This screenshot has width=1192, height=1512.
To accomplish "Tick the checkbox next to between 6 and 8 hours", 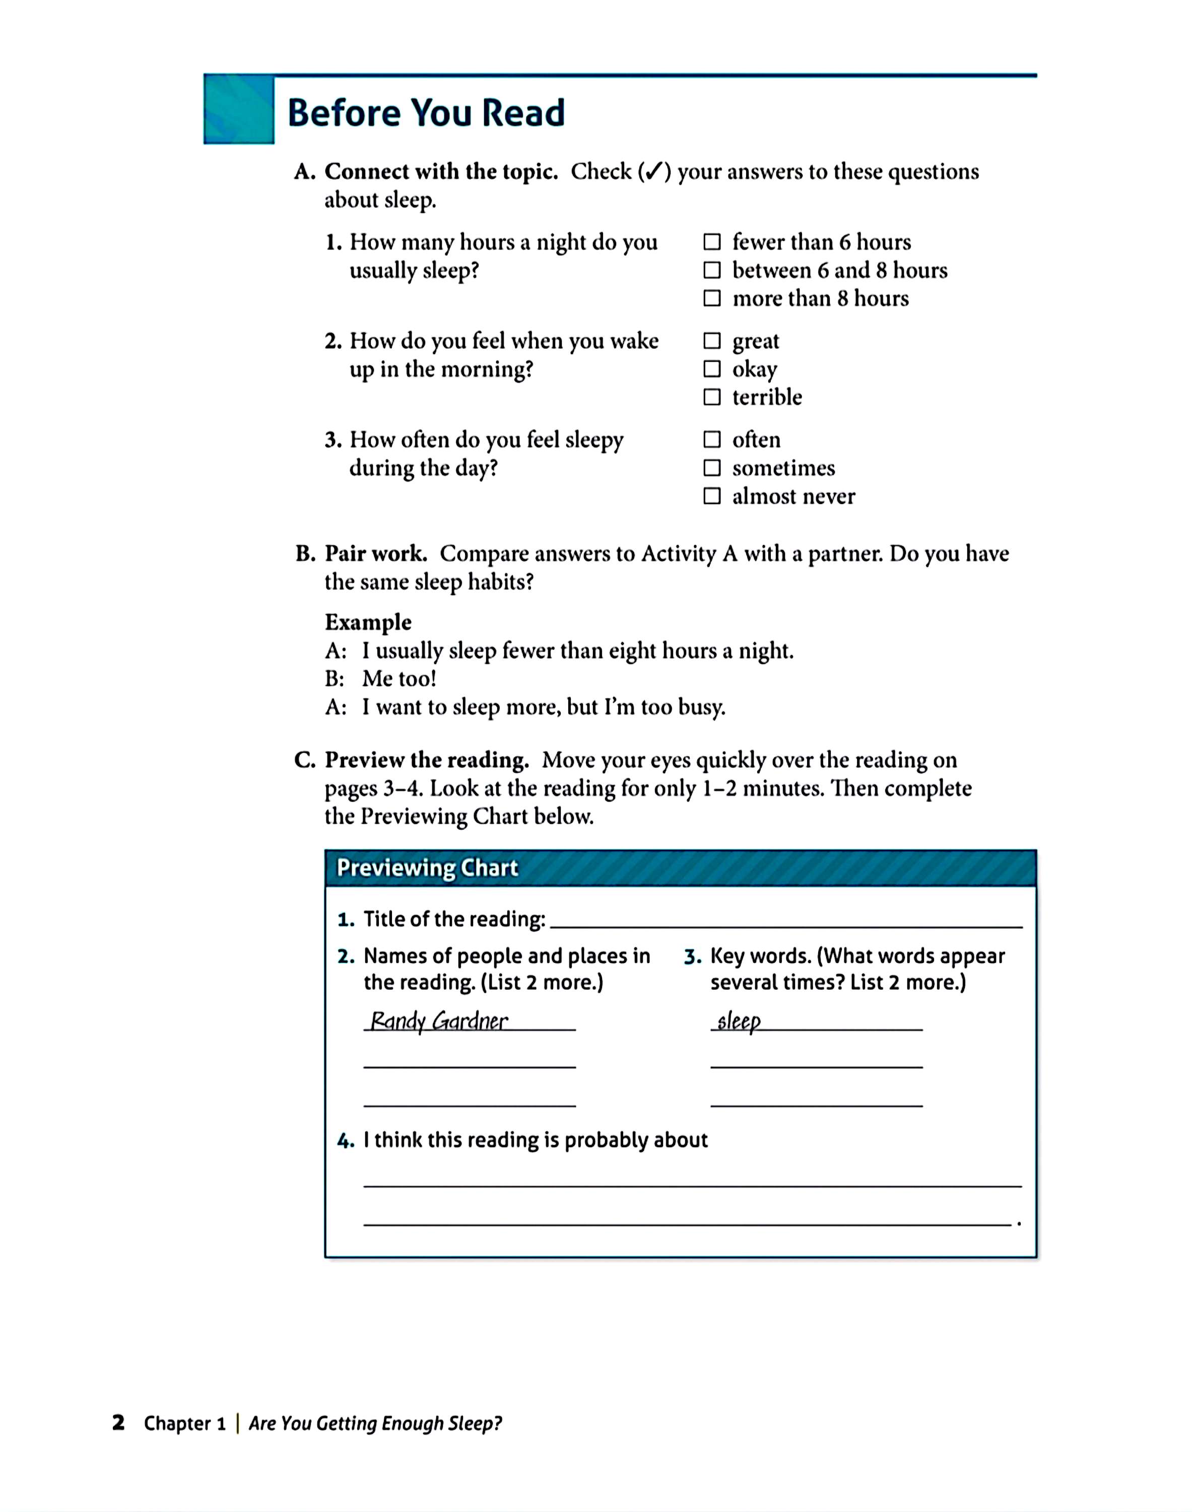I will (x=711, y=270).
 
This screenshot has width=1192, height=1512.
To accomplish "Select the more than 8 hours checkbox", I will (x=711, y=298).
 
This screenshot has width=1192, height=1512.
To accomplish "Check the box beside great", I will (x=711, y=341).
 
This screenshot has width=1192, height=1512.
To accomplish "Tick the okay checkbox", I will (x=711, y=368).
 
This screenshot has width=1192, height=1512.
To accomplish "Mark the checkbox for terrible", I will (x=711, y=397).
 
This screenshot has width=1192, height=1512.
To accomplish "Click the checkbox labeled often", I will (x=711, y=440).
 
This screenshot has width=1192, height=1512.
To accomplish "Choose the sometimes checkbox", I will (x=711, y=468).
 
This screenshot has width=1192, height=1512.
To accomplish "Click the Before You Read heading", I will (x=426, y=112).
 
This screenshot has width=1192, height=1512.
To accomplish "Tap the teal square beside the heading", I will (x=239, y=109).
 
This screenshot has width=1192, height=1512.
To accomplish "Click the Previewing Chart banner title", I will (x=427, y=868).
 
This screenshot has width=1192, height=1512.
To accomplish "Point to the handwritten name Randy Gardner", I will (x=439, y=1021).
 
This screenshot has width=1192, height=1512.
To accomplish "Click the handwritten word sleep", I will (x=739, y=1021).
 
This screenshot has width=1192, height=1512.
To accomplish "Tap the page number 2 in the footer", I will (x=118, y=1422).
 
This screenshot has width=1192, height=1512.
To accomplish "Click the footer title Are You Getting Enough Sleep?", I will (x=375, y=1423).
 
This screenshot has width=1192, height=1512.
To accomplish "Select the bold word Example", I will (x=368, y=622).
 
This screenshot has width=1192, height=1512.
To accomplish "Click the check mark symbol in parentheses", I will (x=653, y=172).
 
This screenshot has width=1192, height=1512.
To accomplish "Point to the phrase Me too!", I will (x=399, y=678).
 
